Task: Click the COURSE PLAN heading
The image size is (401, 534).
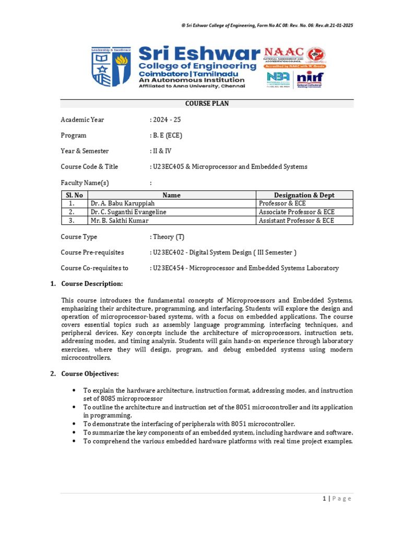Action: (207, 104)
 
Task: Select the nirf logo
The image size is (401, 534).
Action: (310, 79)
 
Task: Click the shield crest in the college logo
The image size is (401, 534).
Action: (111, 67)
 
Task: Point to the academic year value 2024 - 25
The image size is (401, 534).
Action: (167, 119)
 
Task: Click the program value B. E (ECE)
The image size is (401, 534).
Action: (168, 135)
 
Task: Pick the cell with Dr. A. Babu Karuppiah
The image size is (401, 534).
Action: (122, 203)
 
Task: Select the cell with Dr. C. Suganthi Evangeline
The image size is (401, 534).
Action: (131, 212)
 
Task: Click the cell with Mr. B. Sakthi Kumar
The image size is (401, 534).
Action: (119, 221)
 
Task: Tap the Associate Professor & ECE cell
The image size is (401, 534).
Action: (297, 212)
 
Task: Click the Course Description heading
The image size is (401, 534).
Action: (92, 284)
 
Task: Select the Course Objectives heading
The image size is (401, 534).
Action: (90, 374)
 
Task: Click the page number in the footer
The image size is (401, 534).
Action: (324, 499)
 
